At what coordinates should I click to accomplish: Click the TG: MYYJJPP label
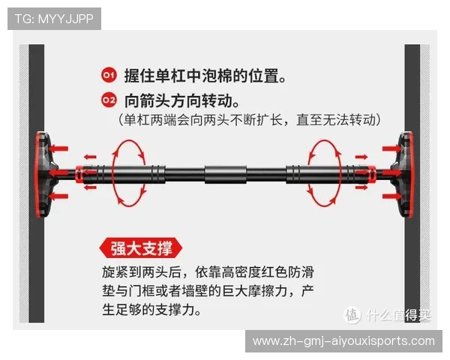pos(54,18)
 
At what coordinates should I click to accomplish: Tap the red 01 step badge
pos(109,76)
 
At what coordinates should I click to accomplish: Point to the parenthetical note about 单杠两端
pos(250,119)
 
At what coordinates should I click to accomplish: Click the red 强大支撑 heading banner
pos(140,247)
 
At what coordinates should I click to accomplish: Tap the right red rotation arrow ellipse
pos(322,173)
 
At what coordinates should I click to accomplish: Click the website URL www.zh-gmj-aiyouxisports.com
pos(343,341)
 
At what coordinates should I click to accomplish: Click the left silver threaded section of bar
pos(91,174)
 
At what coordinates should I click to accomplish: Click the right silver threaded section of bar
pos(358,174)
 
